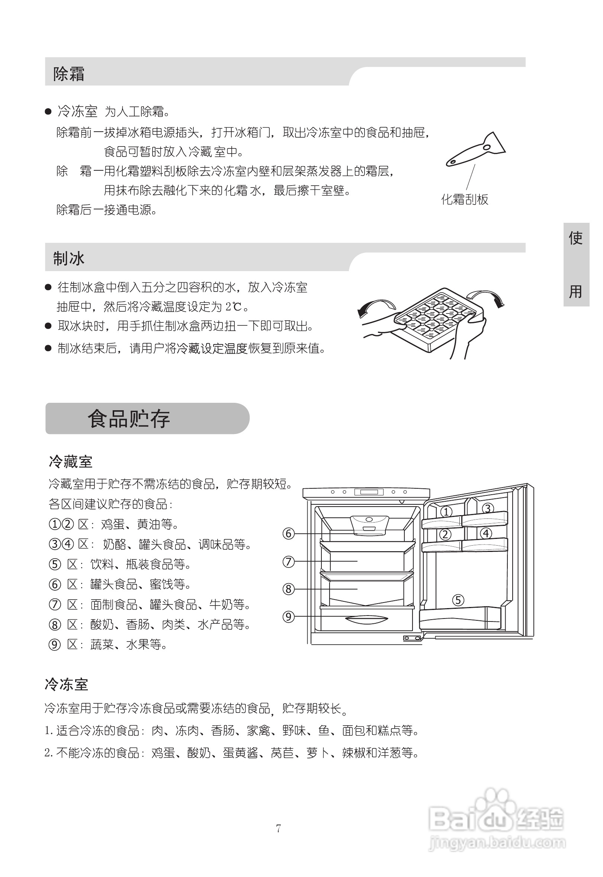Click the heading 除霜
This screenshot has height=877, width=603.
(69, 74)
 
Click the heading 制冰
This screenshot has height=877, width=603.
(69, 259)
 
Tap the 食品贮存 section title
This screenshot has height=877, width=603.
(129, 419)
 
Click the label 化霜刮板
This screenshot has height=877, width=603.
(465, 199)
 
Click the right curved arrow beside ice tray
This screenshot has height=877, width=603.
(487, 297)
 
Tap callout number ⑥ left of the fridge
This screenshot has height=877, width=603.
(289, 534)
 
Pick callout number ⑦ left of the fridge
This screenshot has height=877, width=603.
(289, 562)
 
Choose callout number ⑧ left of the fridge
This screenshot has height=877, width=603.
(289, 589)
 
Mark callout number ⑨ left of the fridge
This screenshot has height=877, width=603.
(289, 617)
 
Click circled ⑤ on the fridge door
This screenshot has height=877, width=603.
(458, 600)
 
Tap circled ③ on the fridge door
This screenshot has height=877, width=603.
(488, 509)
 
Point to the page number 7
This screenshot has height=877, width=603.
(279, 828)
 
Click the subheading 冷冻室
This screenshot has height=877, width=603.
(67, 684)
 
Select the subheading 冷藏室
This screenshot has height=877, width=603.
(71, 462)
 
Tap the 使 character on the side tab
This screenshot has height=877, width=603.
(576, 238)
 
